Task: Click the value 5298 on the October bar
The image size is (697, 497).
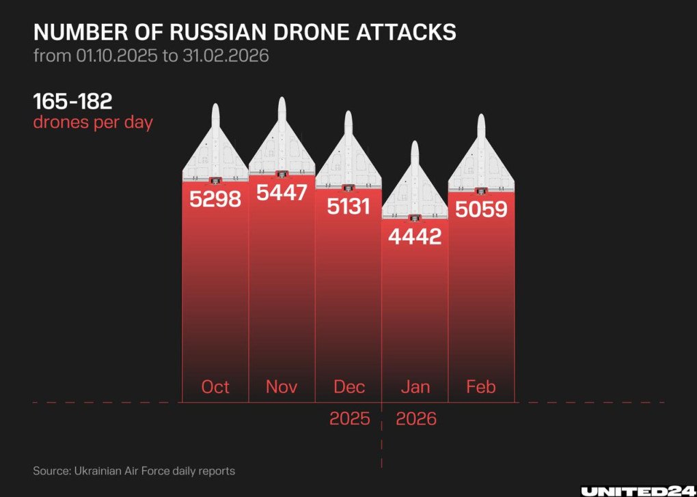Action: [215, 199]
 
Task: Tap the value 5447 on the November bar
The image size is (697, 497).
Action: [282, 193]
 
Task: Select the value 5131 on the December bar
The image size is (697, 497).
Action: [348, 206]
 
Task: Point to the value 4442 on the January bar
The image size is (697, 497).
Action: [415, 237]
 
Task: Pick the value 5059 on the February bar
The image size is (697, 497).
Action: [481, 208]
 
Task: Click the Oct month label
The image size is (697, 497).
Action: [215, 387]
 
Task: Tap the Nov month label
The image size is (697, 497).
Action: [282, 387]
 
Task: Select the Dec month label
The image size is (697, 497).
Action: [348, 387]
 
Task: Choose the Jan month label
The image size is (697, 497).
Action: [415, 387]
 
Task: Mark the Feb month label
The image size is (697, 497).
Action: [481, 387]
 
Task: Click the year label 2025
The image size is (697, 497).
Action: [349, 418]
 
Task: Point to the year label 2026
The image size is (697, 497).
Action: [415, 418]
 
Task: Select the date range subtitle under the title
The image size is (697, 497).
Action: [151, 55]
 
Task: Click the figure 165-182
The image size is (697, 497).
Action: [73, 102]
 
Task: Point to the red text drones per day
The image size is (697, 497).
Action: [93, 124]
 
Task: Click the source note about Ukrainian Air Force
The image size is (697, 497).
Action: [134, 470]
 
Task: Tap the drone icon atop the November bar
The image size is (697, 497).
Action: [282, 143]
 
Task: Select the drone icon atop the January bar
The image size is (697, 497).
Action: [415, 184]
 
